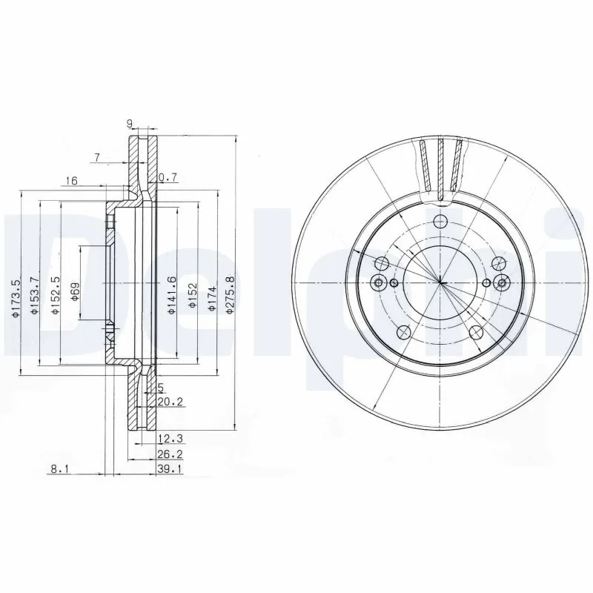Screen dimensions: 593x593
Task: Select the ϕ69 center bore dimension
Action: point(75,294)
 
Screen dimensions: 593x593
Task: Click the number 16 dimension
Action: point(71,180)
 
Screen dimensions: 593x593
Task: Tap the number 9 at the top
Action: point(129,125)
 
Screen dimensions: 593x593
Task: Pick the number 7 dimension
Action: point(96,156)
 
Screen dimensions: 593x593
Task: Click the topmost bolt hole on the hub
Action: point(441,221)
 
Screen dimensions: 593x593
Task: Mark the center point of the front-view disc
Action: point(441,282)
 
